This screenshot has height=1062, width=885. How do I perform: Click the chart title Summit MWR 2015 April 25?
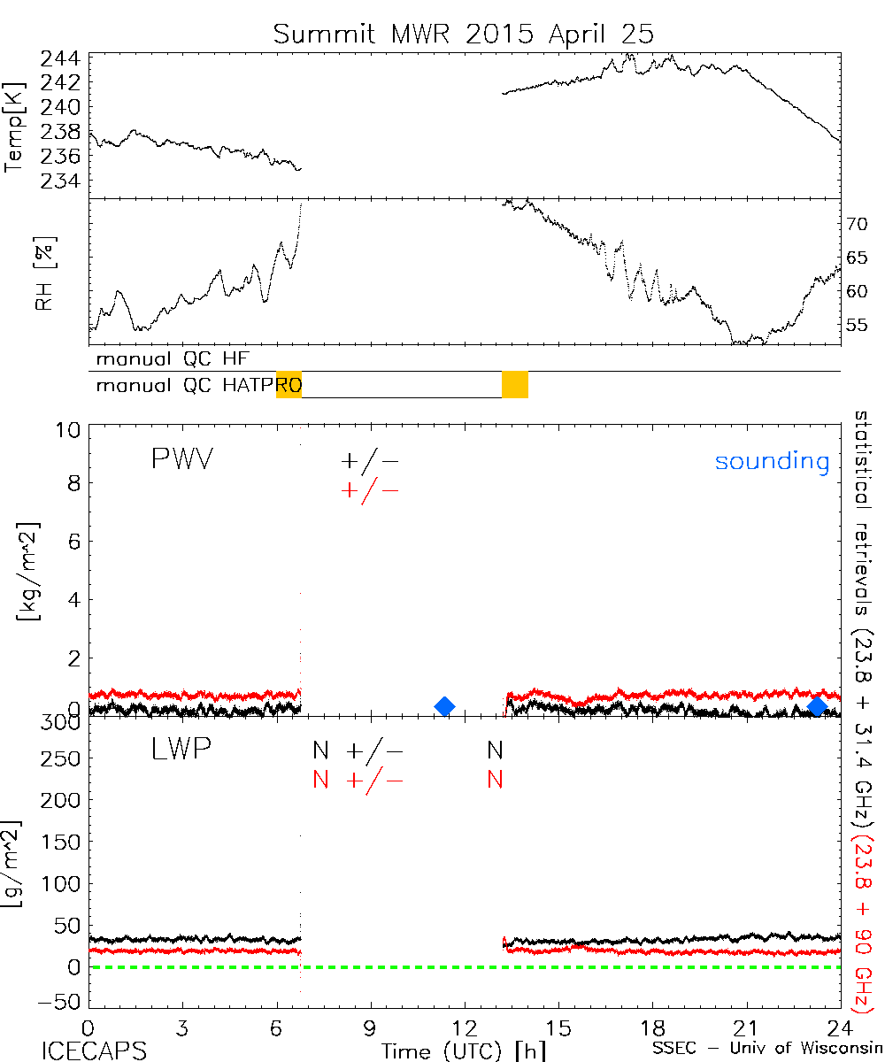coord(463,34)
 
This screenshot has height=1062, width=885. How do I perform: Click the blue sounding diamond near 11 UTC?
coord(445,705)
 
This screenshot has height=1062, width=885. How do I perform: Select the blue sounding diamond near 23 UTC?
coord(818,705)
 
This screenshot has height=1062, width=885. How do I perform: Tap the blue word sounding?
coord(772,461)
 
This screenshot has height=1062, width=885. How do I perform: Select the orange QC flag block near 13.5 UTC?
coord(515,385)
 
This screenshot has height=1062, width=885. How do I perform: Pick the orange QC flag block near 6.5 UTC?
coord(289,385)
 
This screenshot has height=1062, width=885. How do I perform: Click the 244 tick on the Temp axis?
coord(60,59)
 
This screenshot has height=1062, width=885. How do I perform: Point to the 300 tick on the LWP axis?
coord(62,721)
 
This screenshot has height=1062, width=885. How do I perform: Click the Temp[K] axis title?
coord(15,127)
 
